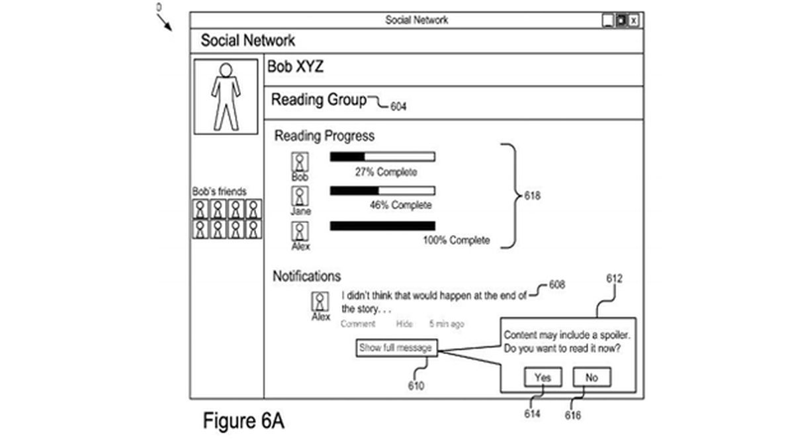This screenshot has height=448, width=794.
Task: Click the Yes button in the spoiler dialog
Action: coord(543,377)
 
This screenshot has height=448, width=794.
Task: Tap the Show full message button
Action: coord(396,347)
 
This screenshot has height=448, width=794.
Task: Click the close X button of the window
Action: coord(634,21)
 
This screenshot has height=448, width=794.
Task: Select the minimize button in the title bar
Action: coord(608,21)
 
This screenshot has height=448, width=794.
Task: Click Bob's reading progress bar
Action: coord(382,157)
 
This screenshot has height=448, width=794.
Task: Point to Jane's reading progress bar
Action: coord(382,191)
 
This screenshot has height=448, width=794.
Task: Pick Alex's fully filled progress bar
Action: coord(382,226)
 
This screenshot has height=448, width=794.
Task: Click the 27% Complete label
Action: coord(386,172)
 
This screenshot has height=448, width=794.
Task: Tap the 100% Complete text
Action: coord(456,240)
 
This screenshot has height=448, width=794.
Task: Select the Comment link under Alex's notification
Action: coord(357,324)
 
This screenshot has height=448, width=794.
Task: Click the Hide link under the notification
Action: coord(404,324)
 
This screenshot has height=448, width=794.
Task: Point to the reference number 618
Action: coord(532,196)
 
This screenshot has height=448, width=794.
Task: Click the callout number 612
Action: coord(614,279)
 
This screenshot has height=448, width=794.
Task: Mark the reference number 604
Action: coord(398,106)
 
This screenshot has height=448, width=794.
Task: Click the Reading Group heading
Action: coord(318,100)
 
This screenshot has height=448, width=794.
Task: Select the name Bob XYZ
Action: coord(295,67)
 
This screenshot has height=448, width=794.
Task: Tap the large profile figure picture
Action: coord(226,97)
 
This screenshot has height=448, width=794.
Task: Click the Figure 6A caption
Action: coord(243,421)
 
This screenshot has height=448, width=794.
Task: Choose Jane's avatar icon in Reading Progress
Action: coord(300,196)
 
